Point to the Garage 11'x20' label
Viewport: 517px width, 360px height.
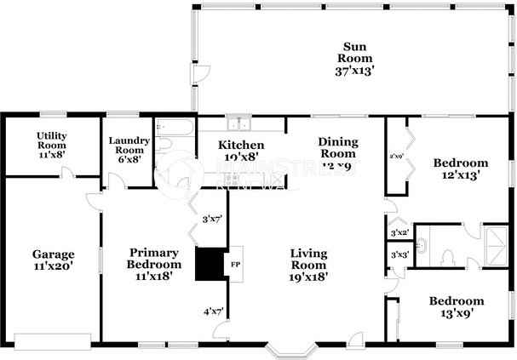pyautogui.click(x=53, y=260)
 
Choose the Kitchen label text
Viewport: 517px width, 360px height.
pyautogui.click(x=240, y=151)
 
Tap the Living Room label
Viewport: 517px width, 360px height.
pyautogui.click(x=309, y=264)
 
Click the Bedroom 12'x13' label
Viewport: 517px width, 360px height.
pyautogui.click(x=460, y=169)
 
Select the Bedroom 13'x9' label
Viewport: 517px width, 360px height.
pyautogui.click(x=456, y=306)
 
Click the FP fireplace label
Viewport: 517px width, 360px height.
pyautogui.click(x=235, y=264)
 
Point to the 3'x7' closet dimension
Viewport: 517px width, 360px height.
pyautogui.click(x=212, y=219)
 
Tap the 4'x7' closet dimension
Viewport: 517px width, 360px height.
pyautogui.click(x=213, y=311)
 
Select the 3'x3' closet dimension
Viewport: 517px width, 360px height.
pyautogui.click(x=399, y=254)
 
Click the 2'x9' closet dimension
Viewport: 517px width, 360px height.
pyautogui.click(x=396, y=157)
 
